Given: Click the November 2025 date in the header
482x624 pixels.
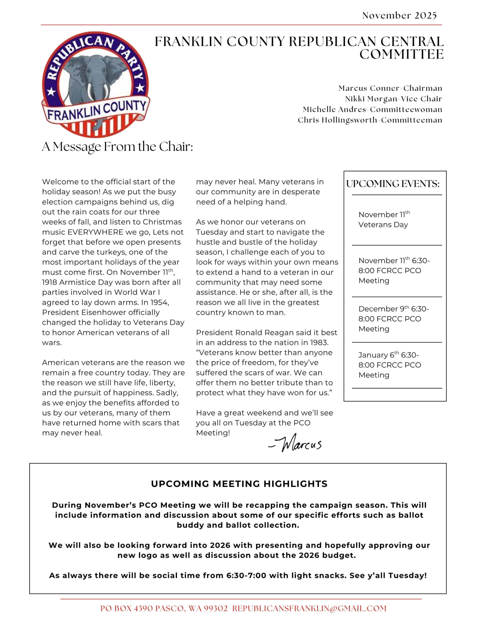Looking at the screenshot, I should (399, 15).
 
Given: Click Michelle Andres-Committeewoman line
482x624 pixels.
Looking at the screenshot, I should (372, 109).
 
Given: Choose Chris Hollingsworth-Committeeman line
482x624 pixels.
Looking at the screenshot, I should (370, 120).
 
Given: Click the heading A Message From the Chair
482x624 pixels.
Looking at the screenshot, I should (117, 146).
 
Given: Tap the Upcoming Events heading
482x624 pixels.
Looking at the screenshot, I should (393, 184).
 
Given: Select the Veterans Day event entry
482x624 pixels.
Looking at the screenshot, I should (384, 219).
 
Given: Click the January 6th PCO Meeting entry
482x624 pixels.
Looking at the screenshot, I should (389, 365).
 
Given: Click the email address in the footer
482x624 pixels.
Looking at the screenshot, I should (309, 608).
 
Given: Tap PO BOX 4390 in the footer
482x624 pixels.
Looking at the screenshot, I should (124, 608).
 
